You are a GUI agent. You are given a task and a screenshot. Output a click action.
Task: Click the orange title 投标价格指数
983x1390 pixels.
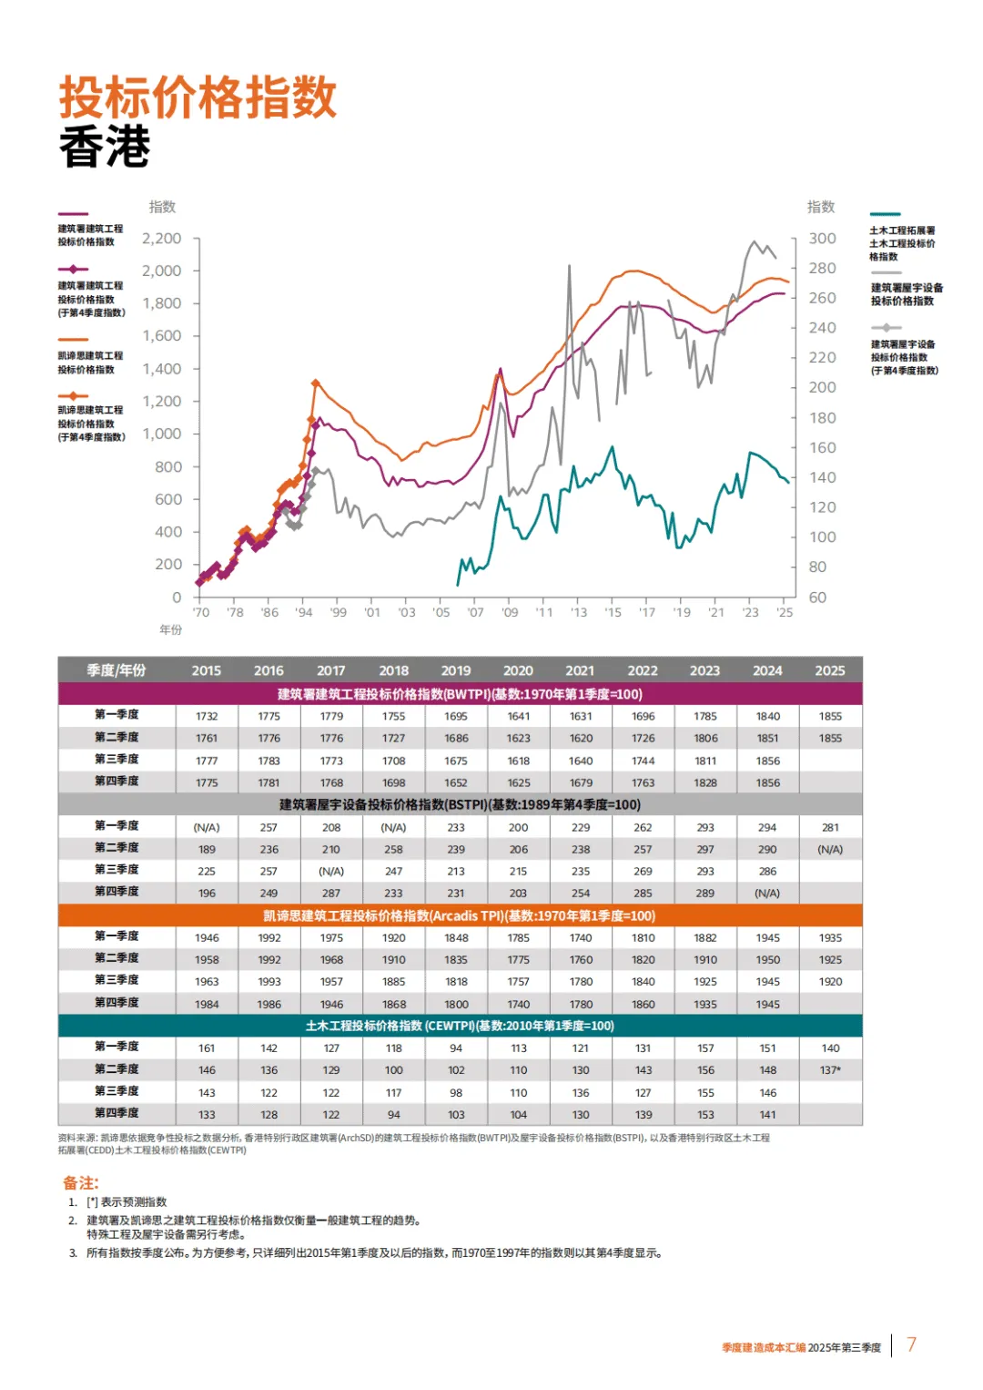click(x=198, y=97)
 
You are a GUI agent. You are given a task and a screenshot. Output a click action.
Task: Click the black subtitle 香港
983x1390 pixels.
click(x=105, y=147)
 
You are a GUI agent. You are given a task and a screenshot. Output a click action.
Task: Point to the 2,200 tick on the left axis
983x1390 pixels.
click(x=162, y=239)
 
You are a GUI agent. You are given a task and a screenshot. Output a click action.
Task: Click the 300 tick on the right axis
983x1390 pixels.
click(x=822, y=239)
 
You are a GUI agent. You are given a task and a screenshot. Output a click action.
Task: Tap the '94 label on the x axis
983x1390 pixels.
click(x=304, y=613)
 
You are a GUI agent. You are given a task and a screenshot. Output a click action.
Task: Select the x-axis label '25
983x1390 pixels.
click(x=785, y=613)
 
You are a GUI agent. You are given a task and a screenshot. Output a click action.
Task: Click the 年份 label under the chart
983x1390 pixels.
click(x=171, y=629)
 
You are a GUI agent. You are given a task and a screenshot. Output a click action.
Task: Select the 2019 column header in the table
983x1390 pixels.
click(x=456, y=670)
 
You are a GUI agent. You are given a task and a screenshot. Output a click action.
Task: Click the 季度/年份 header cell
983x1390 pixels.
click(x=117, y=670)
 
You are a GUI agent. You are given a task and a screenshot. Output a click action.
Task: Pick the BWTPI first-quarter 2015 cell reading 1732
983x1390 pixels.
click(x=207, y=716)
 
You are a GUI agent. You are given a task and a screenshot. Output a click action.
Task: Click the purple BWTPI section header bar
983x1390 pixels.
click(x=460, y=694)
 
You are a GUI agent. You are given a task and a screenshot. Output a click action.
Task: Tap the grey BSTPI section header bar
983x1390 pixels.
click(x=460, y=804)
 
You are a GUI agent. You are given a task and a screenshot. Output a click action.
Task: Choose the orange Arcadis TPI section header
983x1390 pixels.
click(x=460, y=915)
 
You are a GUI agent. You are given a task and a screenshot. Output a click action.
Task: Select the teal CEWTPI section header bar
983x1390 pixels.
click(x=460, y=1026)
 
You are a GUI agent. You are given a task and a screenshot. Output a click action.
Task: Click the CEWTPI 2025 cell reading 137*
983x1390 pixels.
click(x=830, y=1070)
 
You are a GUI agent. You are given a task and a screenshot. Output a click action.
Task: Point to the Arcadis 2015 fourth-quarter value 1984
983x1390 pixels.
click(x=207, y=1004)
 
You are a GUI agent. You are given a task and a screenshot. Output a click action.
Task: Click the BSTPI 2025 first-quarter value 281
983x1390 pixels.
click(x=830, y=827)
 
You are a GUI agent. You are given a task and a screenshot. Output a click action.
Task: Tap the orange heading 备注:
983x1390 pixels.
click(x=80, y=1182)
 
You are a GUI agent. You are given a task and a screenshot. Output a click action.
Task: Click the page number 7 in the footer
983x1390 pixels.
click(x=911, y=1344)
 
